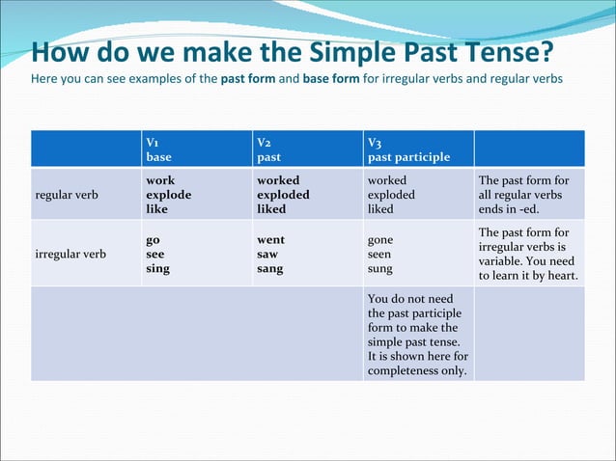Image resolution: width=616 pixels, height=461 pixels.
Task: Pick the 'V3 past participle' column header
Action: [408, 149]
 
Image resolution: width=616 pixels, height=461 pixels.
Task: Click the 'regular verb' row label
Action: [70, 195]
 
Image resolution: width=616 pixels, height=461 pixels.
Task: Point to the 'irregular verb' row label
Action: [73, 255]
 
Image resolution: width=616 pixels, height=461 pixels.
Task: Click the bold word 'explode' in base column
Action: [168, 194]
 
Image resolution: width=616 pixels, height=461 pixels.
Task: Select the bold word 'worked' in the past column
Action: [278, 180]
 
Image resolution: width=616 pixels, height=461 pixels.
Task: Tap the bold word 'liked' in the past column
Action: [271, 208]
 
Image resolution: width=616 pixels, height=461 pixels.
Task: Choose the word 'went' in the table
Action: [270, 239]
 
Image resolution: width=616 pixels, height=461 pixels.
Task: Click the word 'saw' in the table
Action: [267, 254]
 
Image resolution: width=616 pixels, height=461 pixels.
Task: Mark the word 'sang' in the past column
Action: [269, 268]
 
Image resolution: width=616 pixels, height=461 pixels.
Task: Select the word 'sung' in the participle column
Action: [380, 269]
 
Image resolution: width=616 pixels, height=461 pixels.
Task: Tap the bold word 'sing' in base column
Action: [157, 268]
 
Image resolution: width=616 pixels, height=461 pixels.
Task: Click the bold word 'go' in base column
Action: [153, 239]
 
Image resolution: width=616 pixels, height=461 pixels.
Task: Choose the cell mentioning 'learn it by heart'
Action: [528, 255]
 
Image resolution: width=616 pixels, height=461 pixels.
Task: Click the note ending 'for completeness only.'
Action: [418, 335]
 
